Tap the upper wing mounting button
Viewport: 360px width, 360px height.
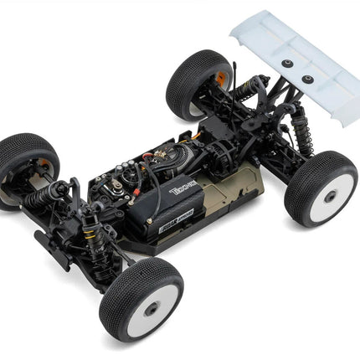[x=286, y=64]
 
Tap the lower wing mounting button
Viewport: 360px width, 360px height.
[x=307, y=80]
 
